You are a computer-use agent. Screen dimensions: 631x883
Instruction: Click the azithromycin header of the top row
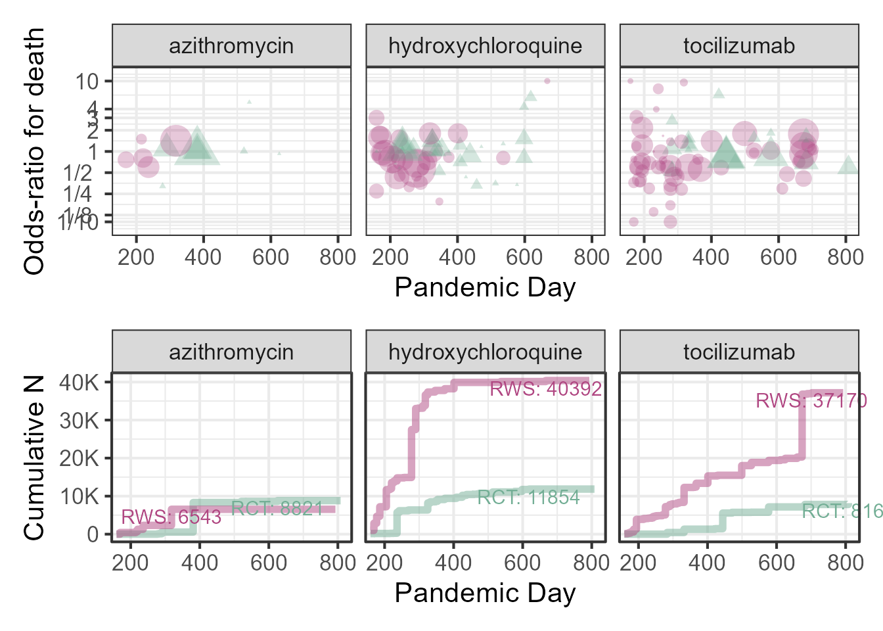[x=231, y=46]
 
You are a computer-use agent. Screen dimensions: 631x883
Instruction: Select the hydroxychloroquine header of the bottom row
[x=485, y=352]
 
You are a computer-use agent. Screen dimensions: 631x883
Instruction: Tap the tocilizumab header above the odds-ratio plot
[x=739, y=46]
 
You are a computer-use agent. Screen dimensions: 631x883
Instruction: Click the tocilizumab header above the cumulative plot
[x=739, y=352]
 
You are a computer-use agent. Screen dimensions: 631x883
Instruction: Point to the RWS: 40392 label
[x=546, y=389]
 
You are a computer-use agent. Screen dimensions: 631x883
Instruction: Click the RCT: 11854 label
[x=528, y=498]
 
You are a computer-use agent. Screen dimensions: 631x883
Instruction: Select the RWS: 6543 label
[x=171, y=517]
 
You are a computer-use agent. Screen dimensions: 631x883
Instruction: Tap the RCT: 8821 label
[x=277, y=509]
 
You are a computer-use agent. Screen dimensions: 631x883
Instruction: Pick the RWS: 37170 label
[x=811, y=400]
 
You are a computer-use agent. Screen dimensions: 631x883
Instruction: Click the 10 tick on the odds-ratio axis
[x=87, y=82]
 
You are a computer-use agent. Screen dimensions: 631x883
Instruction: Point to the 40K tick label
[x=79, y=383]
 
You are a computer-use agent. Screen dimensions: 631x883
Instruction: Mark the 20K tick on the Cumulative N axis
[x=79, y=458]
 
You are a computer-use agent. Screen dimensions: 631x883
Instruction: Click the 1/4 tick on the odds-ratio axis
[x=78, y=194]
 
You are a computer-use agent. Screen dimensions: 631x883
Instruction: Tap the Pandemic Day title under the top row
[x=485, y=287]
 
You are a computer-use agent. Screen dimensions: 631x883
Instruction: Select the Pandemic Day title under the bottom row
[x=485, y=593]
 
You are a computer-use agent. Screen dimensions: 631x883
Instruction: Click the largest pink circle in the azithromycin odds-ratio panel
[x=175, y=140]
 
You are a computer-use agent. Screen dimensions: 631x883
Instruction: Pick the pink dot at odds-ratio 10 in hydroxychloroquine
[x=547, y=82]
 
